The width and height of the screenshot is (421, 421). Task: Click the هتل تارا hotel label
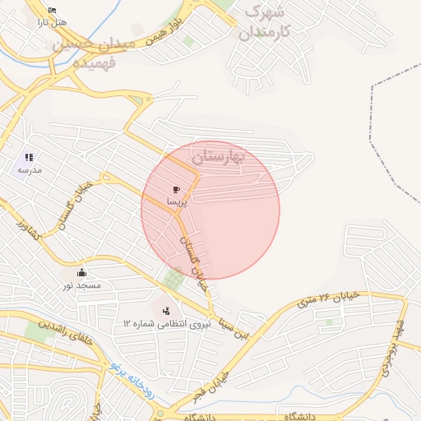[x=52, y=22]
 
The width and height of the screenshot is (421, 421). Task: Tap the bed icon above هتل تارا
[x=53, y=11]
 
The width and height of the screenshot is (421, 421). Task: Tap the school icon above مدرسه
[x=29, y=157]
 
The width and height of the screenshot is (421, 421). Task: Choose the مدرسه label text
[x=30, y=169]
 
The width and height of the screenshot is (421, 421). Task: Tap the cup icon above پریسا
[x=178, y=190]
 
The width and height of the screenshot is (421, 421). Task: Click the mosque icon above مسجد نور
[x=81, y=273]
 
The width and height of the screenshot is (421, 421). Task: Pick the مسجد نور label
[x=81, y=285]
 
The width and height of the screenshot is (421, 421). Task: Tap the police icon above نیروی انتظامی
[x=167, y=311]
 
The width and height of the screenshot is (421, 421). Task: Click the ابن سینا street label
[x=223, y=328]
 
